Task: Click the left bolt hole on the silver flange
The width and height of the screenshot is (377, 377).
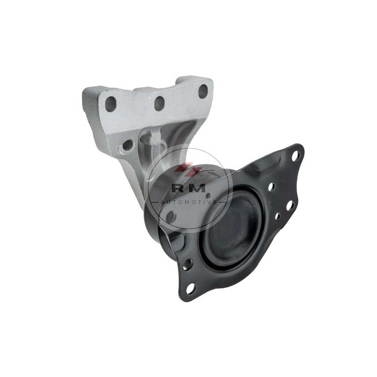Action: (110, 104)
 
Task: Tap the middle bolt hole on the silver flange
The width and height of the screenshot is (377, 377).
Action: (159, 103)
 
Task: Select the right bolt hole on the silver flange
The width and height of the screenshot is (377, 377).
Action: (203, 91)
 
